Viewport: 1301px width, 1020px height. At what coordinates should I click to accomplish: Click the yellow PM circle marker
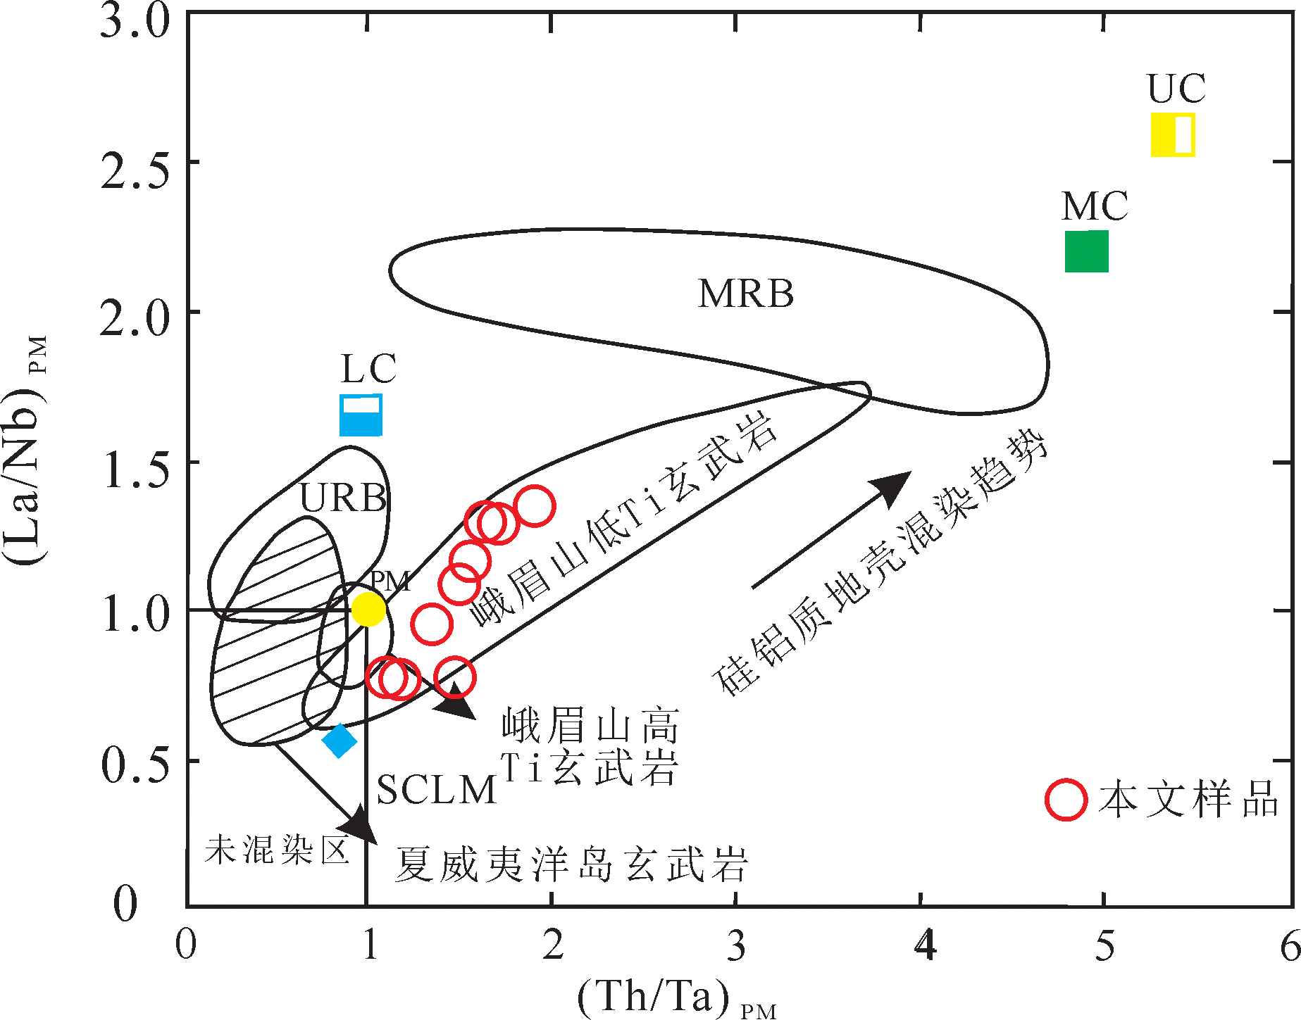tap(368, 609)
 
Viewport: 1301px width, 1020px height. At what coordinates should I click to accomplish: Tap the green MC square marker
tap(1086, 251)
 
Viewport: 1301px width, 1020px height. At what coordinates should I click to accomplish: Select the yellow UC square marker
tap(1173, 134)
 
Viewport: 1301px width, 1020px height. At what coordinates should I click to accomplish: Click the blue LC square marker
tap(361, 415)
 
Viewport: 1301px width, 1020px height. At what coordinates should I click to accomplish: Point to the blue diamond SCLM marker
tap(340, 740)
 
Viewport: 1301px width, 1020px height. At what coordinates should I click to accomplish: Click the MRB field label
tap(746, 294)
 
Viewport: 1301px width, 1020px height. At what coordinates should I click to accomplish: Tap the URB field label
tap(343, 498)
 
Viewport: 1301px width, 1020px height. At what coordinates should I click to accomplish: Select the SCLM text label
tap(437, 790)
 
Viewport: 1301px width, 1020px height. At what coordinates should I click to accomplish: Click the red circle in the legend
tap(1066, 800)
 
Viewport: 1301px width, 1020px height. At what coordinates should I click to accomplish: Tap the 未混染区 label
tap(277, 850)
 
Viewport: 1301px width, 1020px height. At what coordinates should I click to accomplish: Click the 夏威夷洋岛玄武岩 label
tap(571, 863)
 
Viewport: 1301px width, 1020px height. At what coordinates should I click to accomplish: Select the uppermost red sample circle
tap(535, 505)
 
